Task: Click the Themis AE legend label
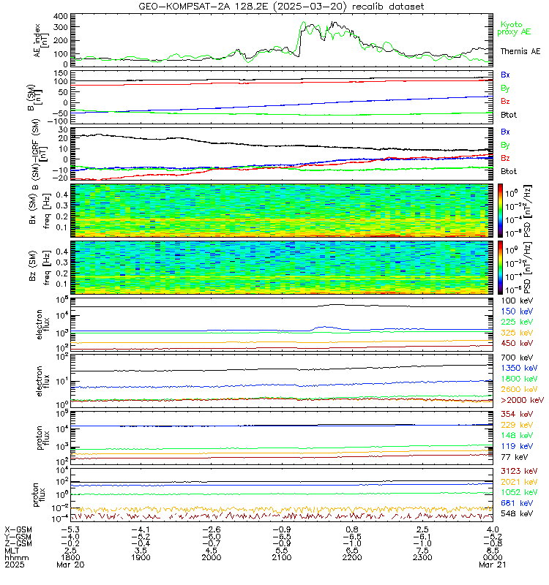(x=520, y=51)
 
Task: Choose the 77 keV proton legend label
(x=519, y=456)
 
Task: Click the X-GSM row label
(x=19, y=528)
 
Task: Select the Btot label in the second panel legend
(x=511, y=115)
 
